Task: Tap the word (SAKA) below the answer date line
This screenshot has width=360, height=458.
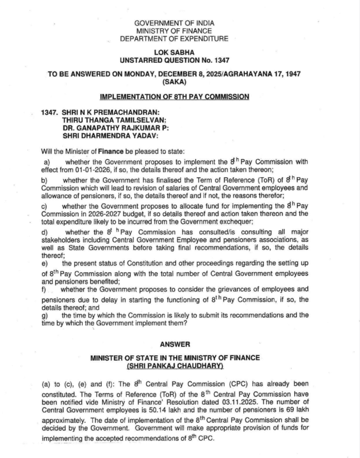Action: point(175,82)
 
